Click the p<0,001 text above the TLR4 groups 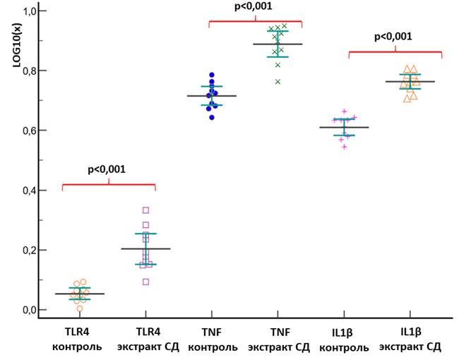coord(107,169)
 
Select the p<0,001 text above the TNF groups coord(253,7)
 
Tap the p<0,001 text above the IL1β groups coord(393,37)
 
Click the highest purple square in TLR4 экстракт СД coord(146,210)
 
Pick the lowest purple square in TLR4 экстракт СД coord(145,282)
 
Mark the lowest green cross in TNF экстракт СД coord(278,82)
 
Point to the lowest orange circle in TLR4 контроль coord(80,308)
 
